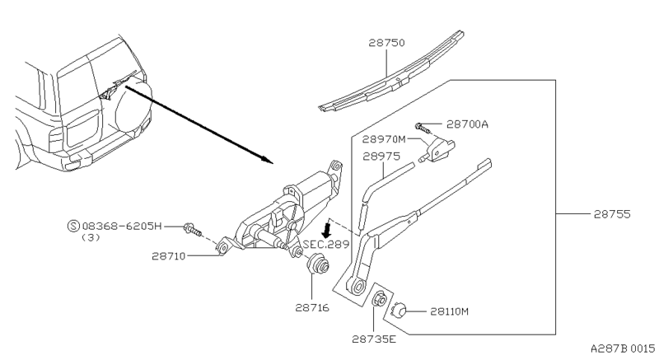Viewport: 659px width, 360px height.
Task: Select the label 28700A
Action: (468, 124)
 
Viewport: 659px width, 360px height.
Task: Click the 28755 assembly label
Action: (611, 214)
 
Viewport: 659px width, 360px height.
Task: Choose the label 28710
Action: (170, 255)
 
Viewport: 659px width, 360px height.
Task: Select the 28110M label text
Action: (448, 311)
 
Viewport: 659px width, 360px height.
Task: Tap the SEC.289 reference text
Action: (327, 245)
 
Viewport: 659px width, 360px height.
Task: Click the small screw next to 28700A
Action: (423, 126)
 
